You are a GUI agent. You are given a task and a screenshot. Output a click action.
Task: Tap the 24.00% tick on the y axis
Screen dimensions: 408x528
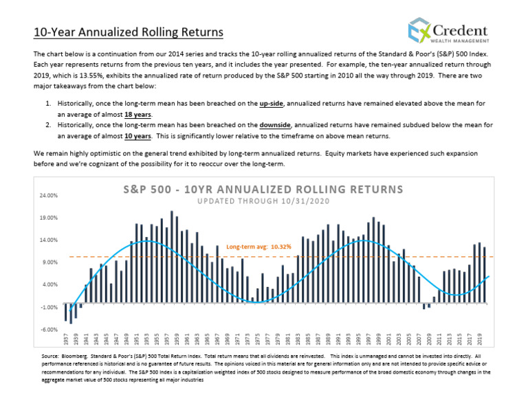pyautogui.click(x=48, y=196)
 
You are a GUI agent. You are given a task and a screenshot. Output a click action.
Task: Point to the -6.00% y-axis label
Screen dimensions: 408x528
pyautogui.click(x=48, y=329)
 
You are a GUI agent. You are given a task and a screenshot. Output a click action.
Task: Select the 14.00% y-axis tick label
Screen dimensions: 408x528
pyautogui.click(x=48, y=240)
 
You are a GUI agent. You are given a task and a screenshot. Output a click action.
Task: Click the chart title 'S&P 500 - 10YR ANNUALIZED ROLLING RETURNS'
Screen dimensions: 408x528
pyautogui.click(x=263, y=189)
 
